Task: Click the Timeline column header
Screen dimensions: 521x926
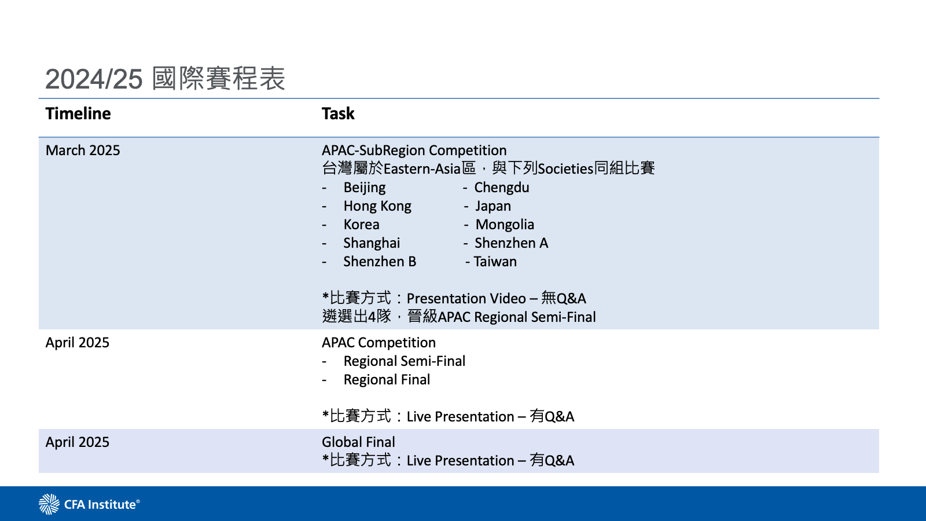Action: tap(78, 113)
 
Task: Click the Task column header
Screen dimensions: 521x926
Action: tap(338, 113)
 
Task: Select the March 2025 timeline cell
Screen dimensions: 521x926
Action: tap(83, 151)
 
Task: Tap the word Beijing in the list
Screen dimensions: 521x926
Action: tap(364, 188)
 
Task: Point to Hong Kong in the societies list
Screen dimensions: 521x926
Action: tap(377, 206)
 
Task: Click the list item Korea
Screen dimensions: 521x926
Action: tap(361, 225)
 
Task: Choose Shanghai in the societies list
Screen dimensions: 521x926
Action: tap(372, 243)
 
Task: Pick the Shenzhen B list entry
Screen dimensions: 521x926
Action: tap(380, 262)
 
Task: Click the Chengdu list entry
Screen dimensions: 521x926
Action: tap(501, 188)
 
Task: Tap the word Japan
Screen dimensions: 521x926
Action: tap(493, 206)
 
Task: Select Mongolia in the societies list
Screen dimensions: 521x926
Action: tap(505, 225)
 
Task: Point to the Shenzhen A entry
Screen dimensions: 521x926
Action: tap(511, 243)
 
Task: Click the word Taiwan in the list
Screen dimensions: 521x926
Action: tap(495, 262)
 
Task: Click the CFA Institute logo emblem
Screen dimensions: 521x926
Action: tap(49, 504)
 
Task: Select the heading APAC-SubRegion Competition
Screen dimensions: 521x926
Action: tap(414, 151)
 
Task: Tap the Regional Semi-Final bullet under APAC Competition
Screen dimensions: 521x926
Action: tap(404, 361)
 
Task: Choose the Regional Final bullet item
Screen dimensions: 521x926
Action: tap(387, 380)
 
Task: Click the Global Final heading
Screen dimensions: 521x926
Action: tap(358, 442)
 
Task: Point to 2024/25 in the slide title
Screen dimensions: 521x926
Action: tap(94, 79)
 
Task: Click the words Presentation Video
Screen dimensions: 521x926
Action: tap(466, 299)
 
